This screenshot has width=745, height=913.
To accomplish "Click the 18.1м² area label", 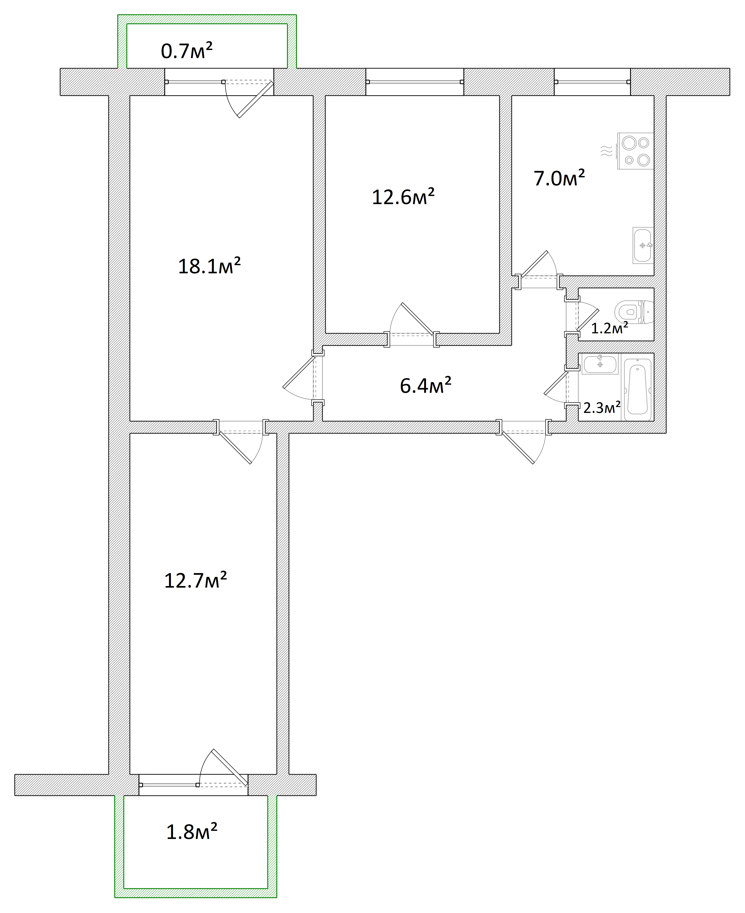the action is pos(209,266).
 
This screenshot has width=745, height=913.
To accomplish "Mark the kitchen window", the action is pos(592,81).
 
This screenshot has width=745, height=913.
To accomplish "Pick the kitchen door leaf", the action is pos(534,263).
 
